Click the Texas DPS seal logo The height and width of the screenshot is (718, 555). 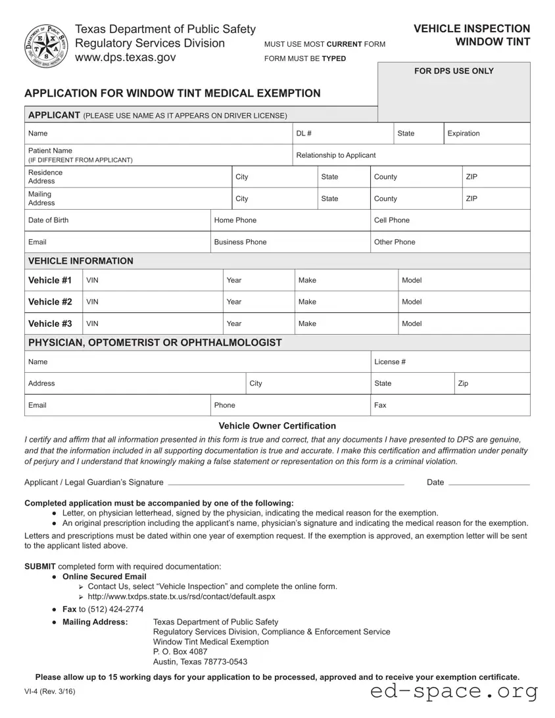coord(45,45)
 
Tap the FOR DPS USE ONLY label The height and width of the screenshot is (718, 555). coord(454,71)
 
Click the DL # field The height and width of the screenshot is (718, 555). coord(342,133)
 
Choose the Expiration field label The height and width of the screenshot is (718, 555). coord(464,133)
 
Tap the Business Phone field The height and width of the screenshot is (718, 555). coord(289,242)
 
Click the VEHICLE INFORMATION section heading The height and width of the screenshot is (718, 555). coord(81,261)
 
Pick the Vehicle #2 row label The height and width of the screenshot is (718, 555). coord(50,302)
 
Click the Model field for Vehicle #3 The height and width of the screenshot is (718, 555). coord(463,323)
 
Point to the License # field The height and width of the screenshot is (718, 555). coord(450,362)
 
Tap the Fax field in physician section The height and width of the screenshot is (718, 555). coord(450,405)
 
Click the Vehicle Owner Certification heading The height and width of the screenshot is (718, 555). coord(277,426)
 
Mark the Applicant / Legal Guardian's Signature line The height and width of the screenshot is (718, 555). coord(285,482)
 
